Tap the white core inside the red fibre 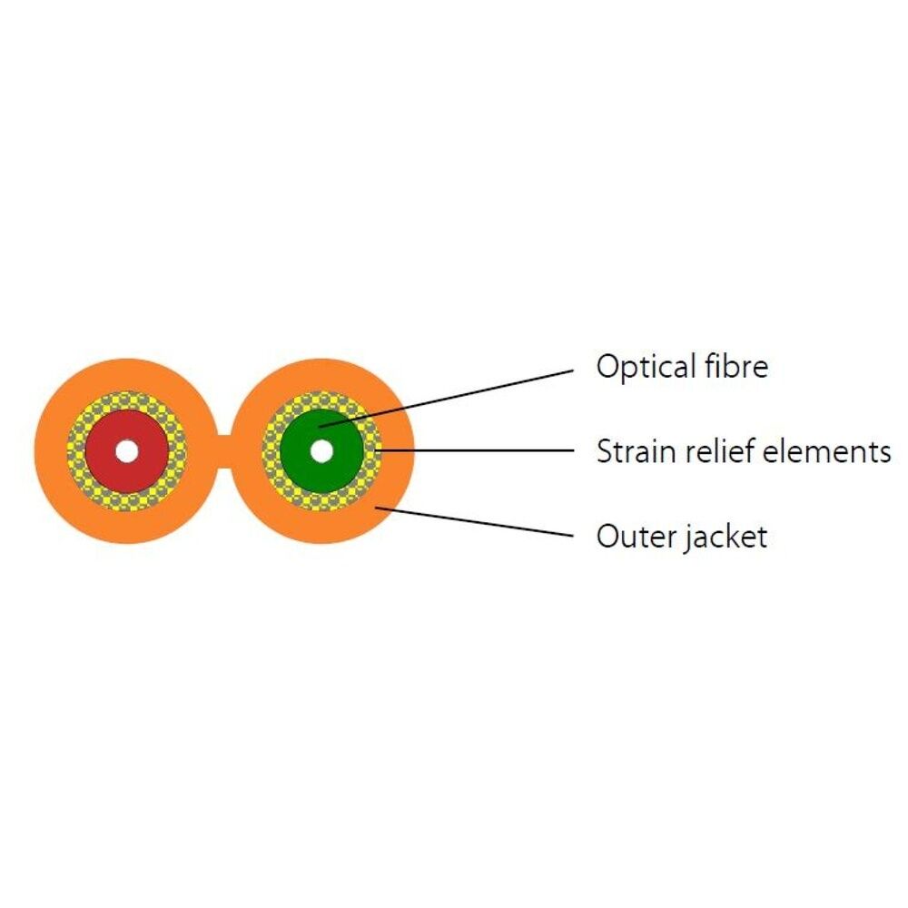126,451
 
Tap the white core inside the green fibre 321,451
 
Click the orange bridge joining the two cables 225,451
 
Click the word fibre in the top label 736,366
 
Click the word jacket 722,538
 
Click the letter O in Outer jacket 607,536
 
